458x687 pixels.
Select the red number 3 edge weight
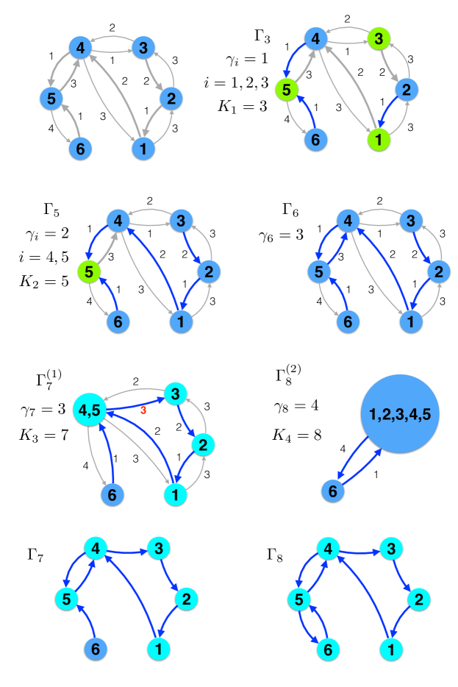coord(144,409)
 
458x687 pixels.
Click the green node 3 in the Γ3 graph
coord(377,37)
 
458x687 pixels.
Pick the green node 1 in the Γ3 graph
coord(377,138)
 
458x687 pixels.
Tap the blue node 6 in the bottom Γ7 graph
coord(94,649)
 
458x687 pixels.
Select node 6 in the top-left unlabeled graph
coord(80,150)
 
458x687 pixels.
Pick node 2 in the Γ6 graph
coord(437,271)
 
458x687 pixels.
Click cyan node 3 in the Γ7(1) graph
coord(175,393)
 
